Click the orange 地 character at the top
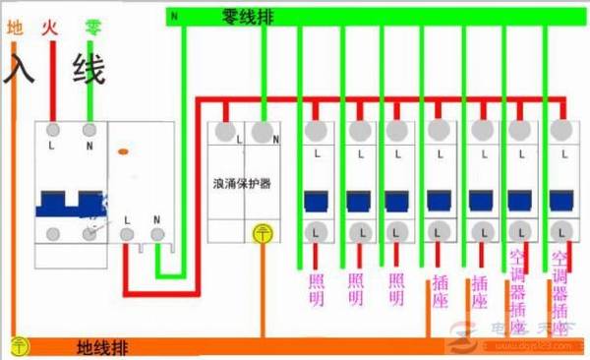(15, 30)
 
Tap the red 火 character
(49, 30)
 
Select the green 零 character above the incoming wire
(92, 30)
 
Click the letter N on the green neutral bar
(174, 17)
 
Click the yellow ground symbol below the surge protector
(263, 233)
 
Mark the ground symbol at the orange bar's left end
(17, 345)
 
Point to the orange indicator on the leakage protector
(123, 152)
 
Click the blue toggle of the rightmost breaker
(560, 201)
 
